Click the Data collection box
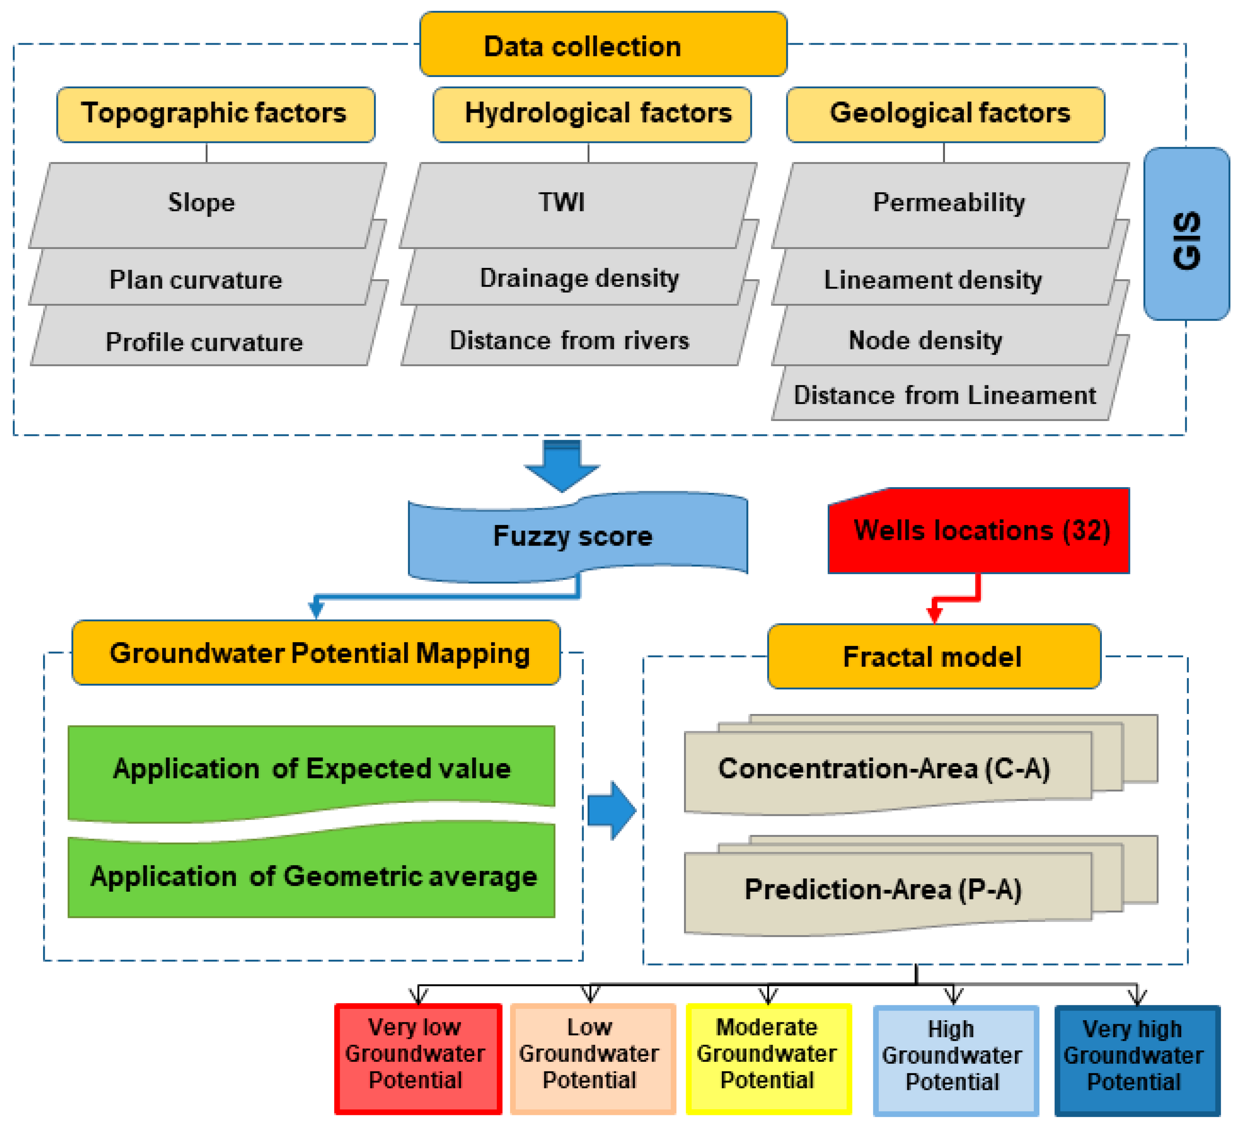(x=603, y=45)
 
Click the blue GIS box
(x=1186, y=234)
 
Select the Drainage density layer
(x=579, y=279)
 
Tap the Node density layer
(x=925, y=340)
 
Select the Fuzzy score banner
(x=573, y=535)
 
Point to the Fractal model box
(x=933, y=656)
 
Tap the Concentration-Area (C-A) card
(x=884, y=769)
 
